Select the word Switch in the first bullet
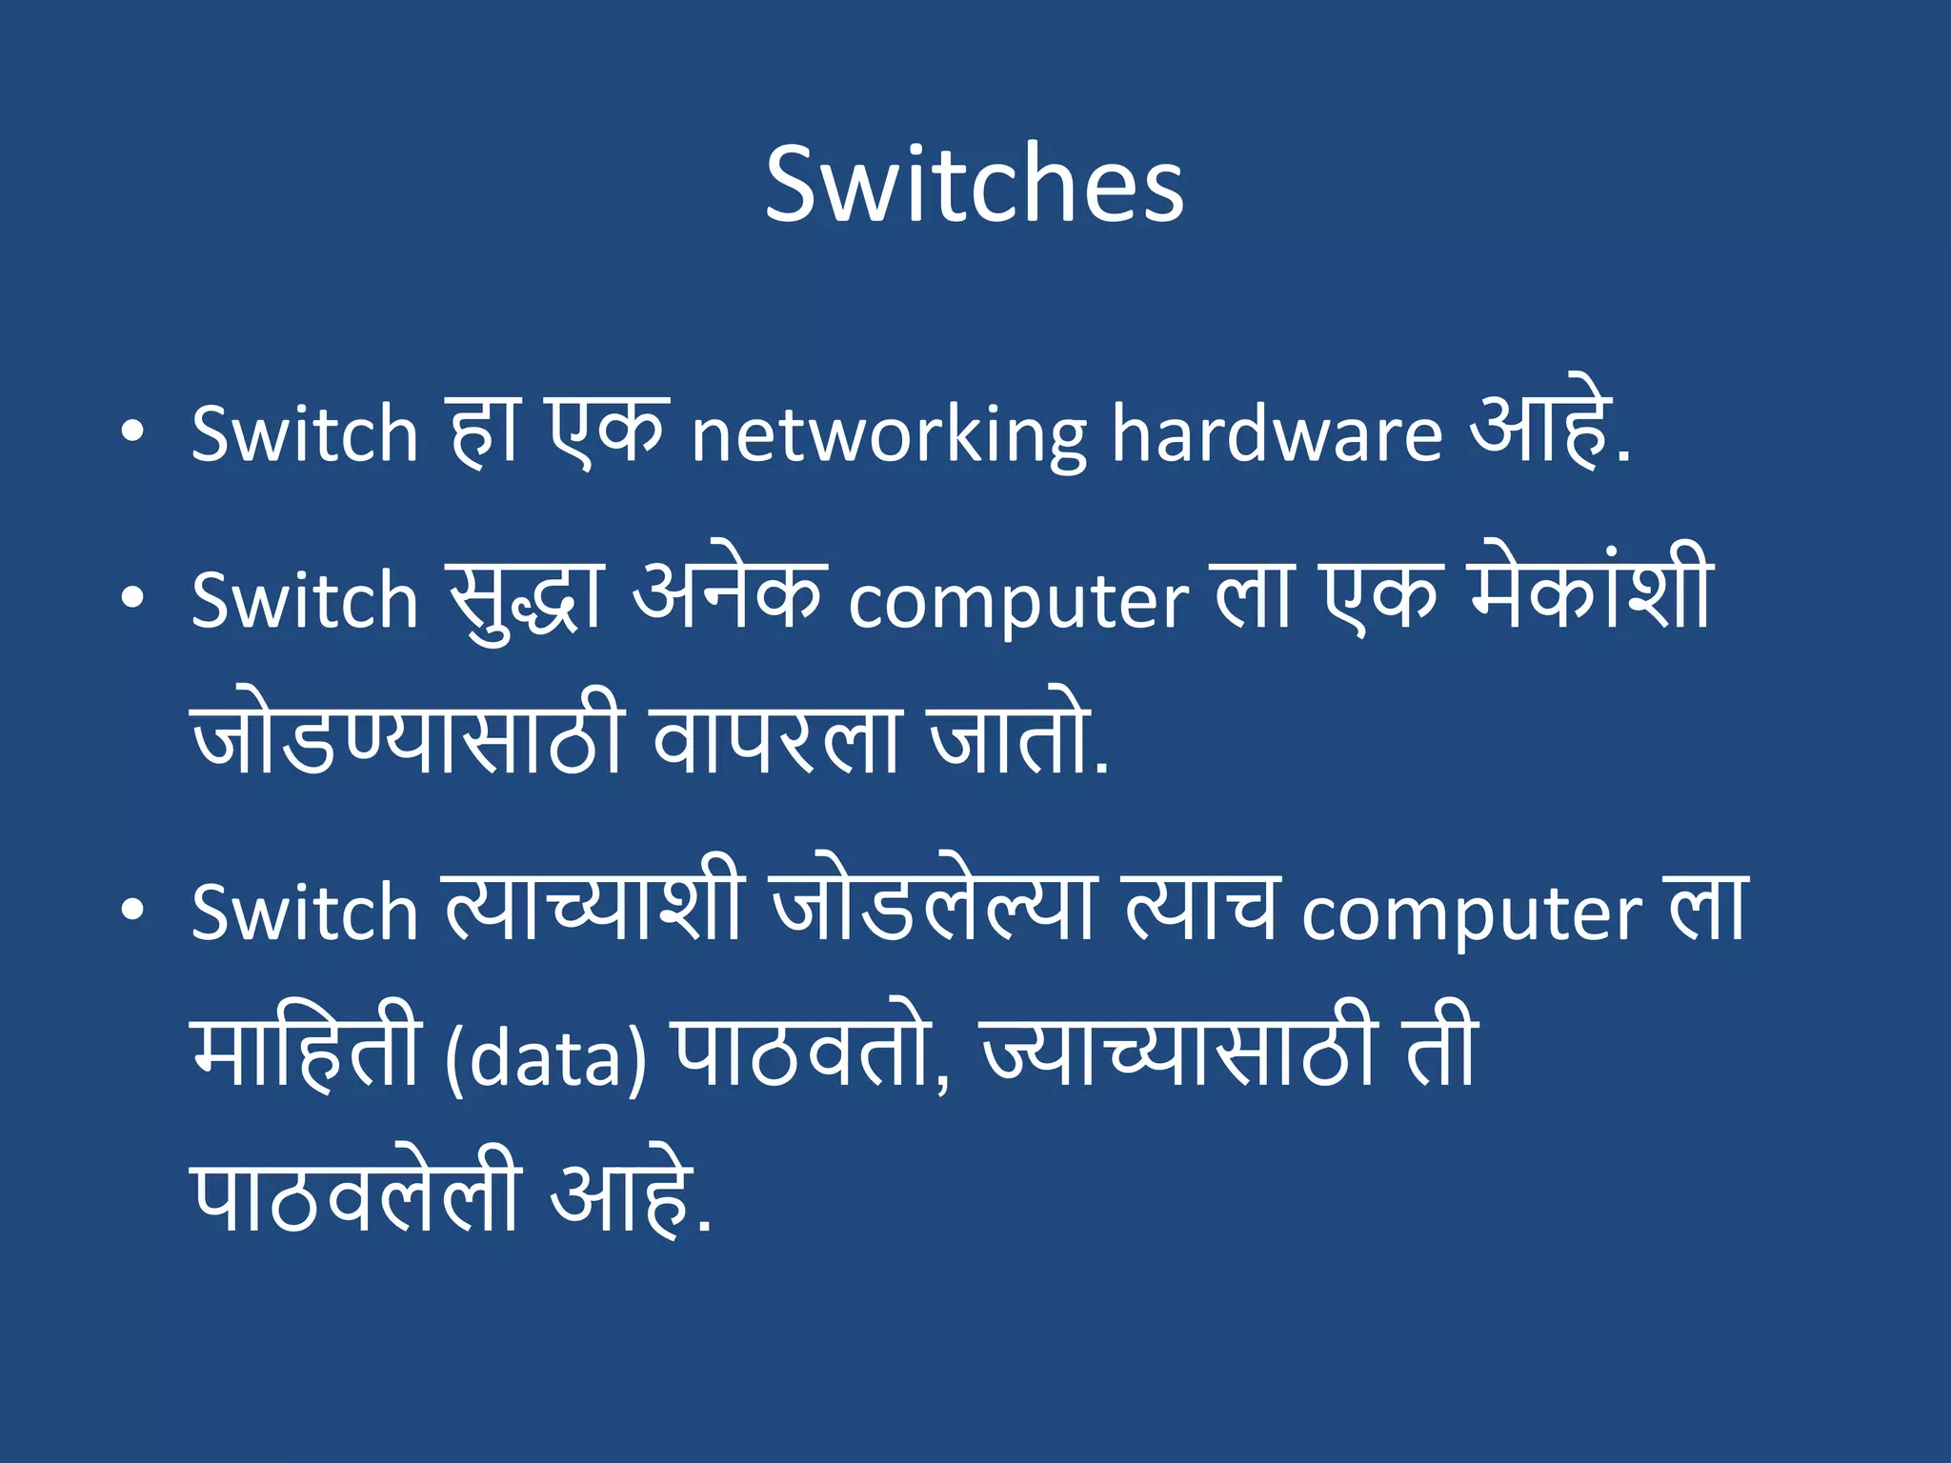(305, 433)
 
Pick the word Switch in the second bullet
(305, 600)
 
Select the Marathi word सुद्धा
(526, 600)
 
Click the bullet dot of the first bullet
(133, 432)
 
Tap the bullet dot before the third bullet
(133, 910)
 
